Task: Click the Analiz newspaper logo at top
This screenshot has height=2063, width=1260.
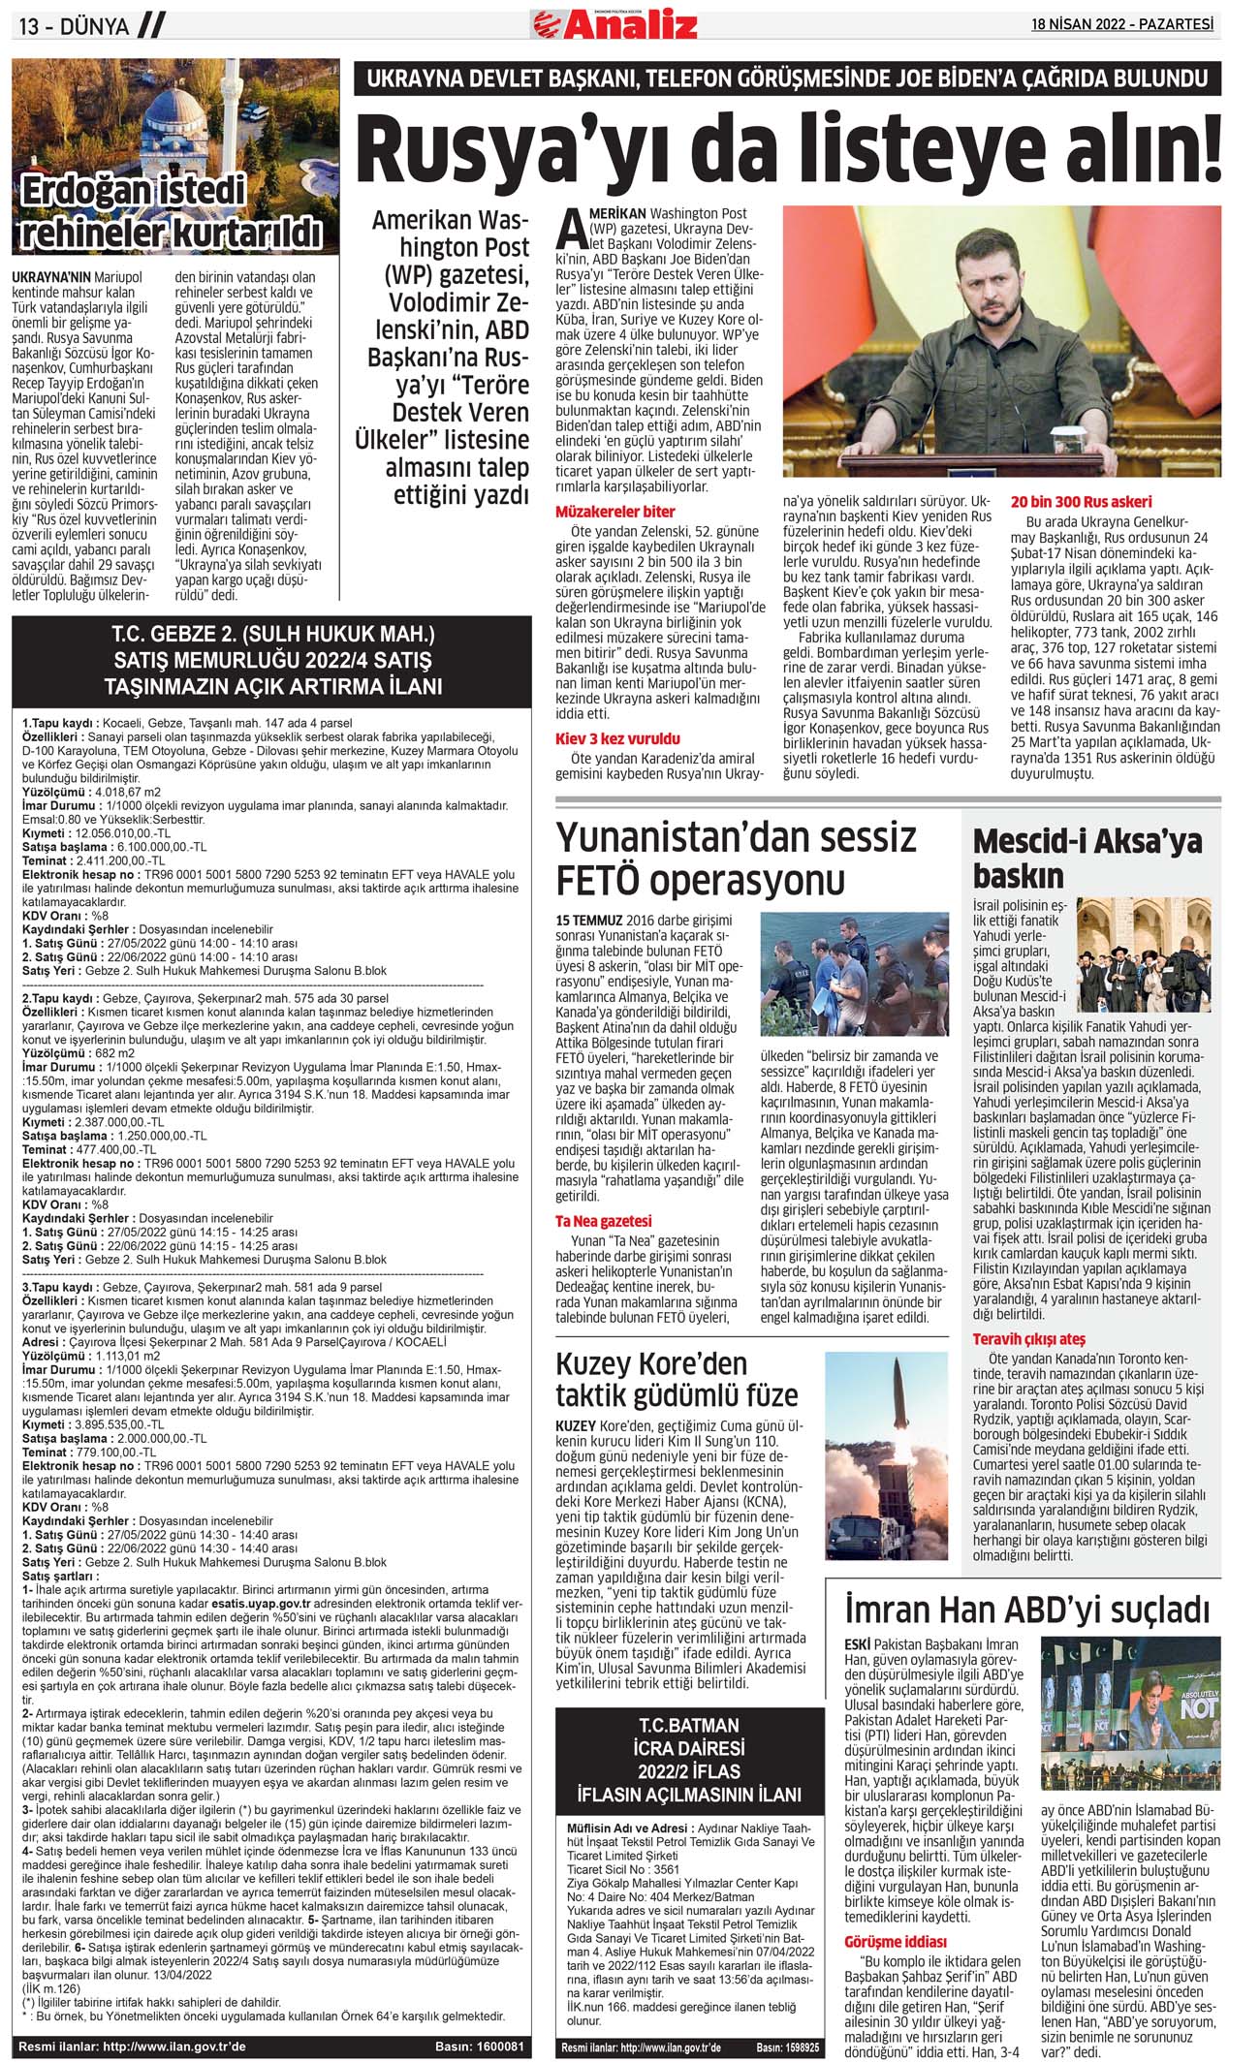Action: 614,23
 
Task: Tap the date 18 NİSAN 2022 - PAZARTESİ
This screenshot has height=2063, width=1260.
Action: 1121,24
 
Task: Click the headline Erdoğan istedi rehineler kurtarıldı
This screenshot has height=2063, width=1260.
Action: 172,211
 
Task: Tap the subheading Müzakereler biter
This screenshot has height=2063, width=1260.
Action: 614,511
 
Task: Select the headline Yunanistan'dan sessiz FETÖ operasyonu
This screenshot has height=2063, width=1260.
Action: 736,858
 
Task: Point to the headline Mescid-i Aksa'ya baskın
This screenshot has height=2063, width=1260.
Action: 1087,859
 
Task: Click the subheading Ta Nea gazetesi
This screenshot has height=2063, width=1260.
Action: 603,1221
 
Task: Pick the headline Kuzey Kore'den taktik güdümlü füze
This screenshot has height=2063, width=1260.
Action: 676,1379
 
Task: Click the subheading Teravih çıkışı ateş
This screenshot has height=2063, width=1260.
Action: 1028,1339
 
